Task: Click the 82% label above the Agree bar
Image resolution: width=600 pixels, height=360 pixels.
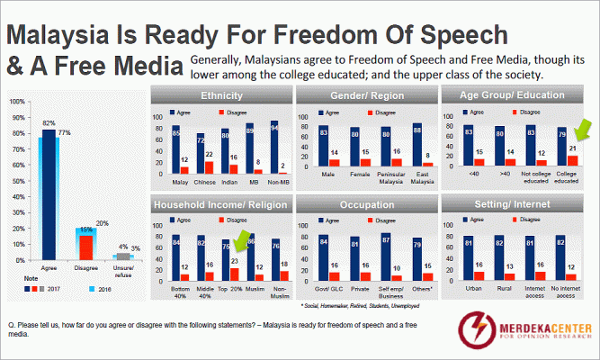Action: [49, 122]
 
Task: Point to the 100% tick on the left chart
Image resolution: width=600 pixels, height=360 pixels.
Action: [16, 101]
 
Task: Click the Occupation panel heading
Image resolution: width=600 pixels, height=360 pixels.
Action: [363, 206]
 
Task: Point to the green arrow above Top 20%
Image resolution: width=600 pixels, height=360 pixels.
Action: [242, 240]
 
